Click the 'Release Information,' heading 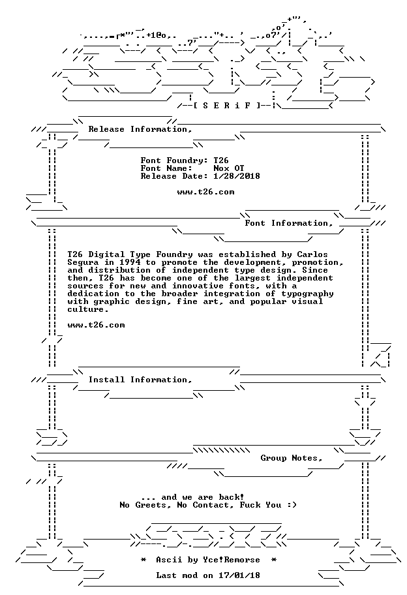140,129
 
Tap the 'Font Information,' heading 289,223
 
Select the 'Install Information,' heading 140,380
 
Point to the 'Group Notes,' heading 292,458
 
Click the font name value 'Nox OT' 229,168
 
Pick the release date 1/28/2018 237,176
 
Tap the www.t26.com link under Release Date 205,192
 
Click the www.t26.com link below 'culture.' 96,325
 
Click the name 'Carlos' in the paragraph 312,254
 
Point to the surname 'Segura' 83,262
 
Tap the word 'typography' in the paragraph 307,294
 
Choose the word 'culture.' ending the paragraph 88,309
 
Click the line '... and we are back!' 192,497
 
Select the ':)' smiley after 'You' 292,505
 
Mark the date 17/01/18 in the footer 239,575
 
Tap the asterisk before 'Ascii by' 143,560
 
